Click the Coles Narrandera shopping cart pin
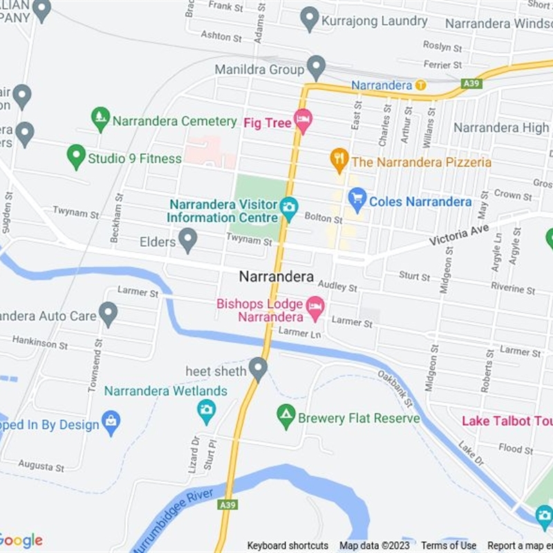tap(357, 200)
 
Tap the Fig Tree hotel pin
tap(303, 122)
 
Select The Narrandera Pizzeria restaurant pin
tap(338, 160)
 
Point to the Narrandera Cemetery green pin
tap(101, 119)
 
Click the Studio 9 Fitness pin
tap(76, 156)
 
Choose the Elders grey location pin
tap(187, 241)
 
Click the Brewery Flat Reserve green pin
tap(285, 416)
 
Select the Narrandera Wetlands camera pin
tap(206, 411)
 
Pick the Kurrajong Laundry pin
tap(310, 19)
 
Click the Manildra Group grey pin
tap(316, 68)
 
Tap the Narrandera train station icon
tap(420, 85)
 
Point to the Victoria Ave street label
tap(458, 235)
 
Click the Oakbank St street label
tap(395, 389)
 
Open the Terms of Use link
tap(449, 545)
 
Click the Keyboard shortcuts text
tap(288, 545)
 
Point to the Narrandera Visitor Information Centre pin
tap(289, 207)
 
